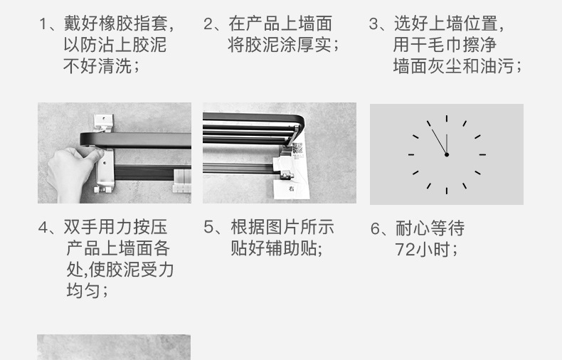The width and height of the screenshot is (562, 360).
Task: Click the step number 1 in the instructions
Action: [x=43, y=24]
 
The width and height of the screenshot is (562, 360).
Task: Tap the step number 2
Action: [x=208, y=24]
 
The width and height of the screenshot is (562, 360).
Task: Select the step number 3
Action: [x=373, y=24]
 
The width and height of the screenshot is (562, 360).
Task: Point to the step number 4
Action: [x=43, y=228]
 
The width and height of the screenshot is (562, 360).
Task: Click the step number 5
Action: [x=208, y=228]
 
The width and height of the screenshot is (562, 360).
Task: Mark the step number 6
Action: [x=376, y=228]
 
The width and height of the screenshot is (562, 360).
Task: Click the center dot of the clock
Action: [x=447, y=154]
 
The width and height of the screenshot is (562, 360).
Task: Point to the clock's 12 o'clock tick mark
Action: [x=447, y=119]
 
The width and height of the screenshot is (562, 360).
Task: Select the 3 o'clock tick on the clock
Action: [x=482, y=154]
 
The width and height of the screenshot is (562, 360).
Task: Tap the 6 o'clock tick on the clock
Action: [x=447, y=190]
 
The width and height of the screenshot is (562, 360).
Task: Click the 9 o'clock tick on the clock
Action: [x=411, y=154]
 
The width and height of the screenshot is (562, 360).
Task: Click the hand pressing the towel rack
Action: [x=71, y=171]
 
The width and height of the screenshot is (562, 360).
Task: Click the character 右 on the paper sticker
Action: [x=292, y=189]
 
